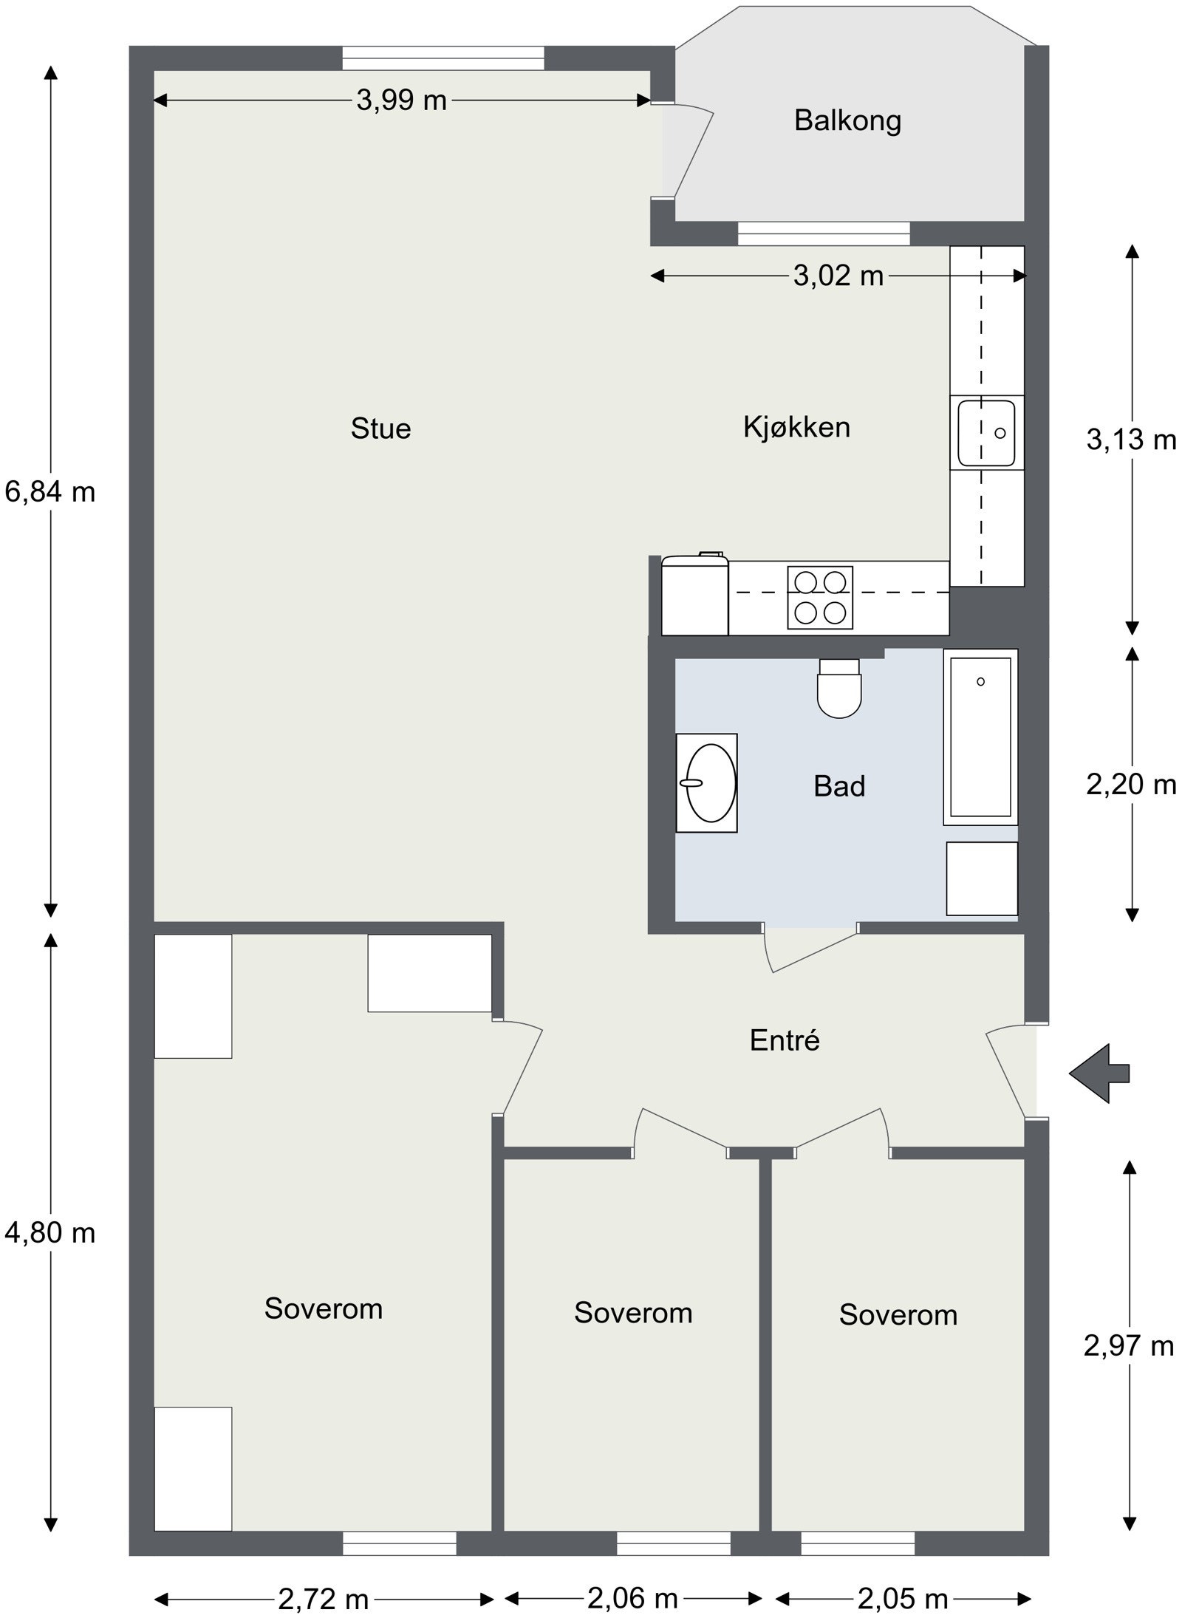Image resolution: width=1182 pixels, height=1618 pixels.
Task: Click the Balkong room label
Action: [x=847, y=120]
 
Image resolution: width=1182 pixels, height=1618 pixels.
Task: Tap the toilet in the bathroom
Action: [x=840, y=691]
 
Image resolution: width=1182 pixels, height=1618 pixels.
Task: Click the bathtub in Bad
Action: [x=980, y=737]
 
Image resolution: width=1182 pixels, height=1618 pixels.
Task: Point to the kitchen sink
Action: [x=986, y=433]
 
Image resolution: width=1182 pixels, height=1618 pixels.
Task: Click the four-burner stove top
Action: [x=820, y=598]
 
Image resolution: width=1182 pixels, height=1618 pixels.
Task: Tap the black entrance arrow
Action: [x=1100, y=1073]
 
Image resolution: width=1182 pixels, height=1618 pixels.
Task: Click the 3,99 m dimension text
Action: [x=401, y=100]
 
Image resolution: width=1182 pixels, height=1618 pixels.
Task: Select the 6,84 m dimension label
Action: [x=50, y=491]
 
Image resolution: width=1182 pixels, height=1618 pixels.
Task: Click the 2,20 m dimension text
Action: [x=1130, y=785]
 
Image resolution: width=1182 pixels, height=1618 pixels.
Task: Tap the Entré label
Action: [x=785, y=1040]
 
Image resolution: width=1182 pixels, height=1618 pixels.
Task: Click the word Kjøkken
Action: [x=796, y=427]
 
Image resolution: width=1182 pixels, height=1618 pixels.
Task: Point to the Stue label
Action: [x=380, y=429]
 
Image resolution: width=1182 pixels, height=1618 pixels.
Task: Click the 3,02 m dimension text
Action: [x=838, y=276]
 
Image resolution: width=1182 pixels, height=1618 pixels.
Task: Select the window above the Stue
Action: [x=443, y=58]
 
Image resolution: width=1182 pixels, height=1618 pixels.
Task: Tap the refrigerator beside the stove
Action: [x=694, y=597]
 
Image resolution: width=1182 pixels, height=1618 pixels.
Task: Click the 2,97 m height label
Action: [x=1128, y=1346]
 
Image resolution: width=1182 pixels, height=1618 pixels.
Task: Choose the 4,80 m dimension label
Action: [x=50, y=1232]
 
